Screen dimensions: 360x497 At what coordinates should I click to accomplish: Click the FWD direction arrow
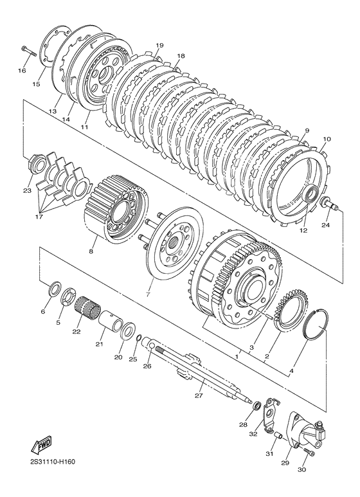[x=40, y=446]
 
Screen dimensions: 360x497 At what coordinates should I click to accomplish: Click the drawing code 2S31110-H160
[x=48, y=462]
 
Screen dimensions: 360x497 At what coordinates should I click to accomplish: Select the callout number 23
[x=27, y=190]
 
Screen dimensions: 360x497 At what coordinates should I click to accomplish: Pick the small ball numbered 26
[x=152, y=345]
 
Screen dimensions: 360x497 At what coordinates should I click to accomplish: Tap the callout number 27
[x=199, y=395]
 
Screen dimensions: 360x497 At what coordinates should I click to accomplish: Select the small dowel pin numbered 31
[x=279, y=436]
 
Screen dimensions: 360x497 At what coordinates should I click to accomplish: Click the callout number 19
[x=159, y=46]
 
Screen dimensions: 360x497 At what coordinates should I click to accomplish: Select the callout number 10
[x=327, y=139]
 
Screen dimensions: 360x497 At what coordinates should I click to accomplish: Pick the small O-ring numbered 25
[x=138, y=339]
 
